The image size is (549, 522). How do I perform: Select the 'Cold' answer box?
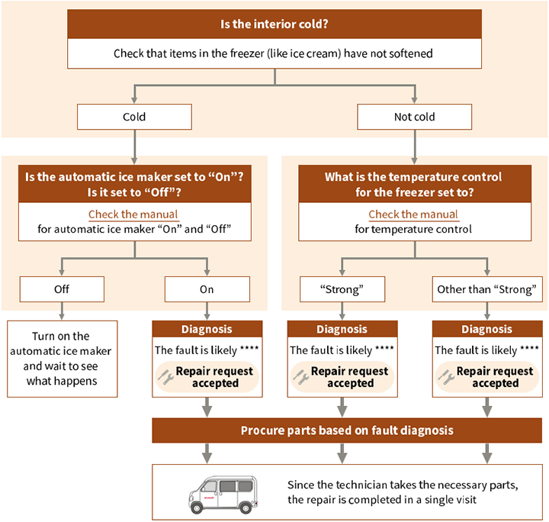[134, 117]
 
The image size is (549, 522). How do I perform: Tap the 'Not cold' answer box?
[414, 117]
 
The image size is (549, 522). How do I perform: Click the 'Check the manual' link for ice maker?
[133, 214]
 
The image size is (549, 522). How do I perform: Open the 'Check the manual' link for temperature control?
[413, 214]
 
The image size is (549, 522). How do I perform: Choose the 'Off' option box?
[61, 289]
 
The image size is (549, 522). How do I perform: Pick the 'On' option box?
[207, 289]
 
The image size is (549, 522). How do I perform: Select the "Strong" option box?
[341, 289]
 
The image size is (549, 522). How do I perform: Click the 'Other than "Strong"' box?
[487, 289]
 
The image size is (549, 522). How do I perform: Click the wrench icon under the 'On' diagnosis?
[166, 377]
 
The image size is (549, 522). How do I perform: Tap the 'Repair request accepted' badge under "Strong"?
[342, 377]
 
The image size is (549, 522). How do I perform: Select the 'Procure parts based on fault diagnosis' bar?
[347, 430]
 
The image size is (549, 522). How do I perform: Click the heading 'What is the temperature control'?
[413, 176]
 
